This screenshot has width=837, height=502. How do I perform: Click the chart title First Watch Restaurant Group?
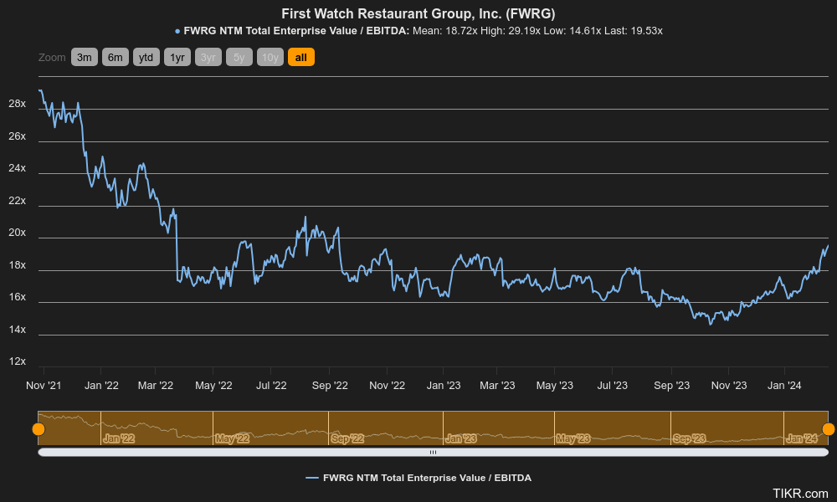(418, 13)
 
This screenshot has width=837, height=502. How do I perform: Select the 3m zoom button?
(84, 57)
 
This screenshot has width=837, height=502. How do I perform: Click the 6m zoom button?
(115, 57)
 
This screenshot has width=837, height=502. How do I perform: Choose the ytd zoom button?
(146, 57)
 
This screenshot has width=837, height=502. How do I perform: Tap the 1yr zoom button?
(177, 57)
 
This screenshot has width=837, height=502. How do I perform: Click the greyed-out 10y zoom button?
(270, 57)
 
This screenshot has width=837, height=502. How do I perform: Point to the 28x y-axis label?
(17, 105)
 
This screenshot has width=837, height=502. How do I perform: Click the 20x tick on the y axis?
(17, 233)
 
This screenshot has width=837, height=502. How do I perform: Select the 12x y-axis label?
(17, 362)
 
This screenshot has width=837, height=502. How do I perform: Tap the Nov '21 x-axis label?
(44, 386)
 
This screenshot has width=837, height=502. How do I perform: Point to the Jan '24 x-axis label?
(784, 386)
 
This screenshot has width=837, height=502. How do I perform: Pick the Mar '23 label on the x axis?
(497, 386)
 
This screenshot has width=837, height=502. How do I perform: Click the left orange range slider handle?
(39, 429)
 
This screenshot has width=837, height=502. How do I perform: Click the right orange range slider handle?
(829, 429)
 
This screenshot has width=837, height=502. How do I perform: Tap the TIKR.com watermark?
(800, 494)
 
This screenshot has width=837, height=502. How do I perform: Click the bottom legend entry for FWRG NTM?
(418, 478)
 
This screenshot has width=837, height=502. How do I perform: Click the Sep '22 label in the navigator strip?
(347, 438)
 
